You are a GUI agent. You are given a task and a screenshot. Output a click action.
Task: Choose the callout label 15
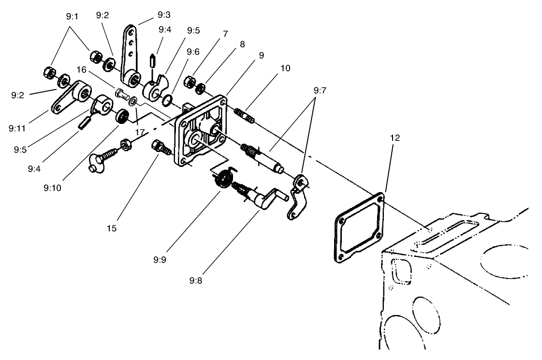click(112, 227)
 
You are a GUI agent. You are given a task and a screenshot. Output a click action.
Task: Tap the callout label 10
click(285, 68)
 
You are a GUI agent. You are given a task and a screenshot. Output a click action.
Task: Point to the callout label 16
click(81, 71)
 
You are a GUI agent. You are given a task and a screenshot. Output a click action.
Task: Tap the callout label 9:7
click(320, 90)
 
